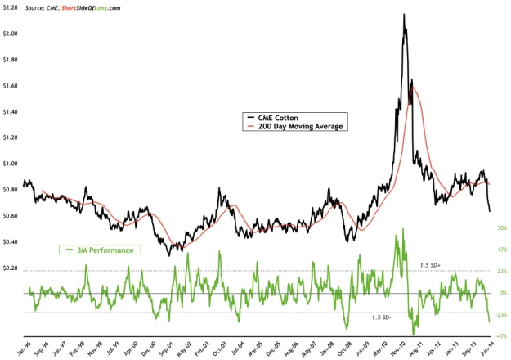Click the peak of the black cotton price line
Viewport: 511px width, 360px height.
(x=403, y=15)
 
